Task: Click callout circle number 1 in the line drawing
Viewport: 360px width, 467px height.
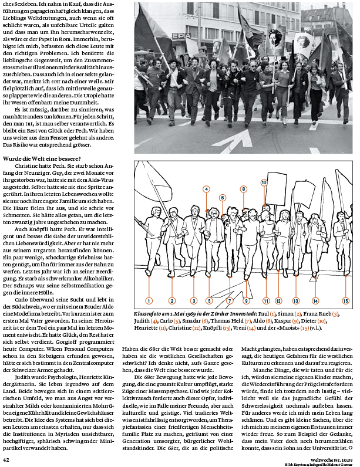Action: pos(149,300)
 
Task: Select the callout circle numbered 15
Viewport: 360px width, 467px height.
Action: pos(345,300)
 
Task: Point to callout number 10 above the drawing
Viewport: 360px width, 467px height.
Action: pos(264,183)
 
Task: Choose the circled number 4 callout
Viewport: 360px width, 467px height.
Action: pos(207,189)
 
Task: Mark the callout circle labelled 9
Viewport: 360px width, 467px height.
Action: pos(247,300)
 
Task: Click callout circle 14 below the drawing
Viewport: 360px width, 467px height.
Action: pos(315,300)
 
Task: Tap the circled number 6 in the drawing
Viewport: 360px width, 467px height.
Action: pos(223,197)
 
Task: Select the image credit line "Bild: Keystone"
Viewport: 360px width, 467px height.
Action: pos(309,463)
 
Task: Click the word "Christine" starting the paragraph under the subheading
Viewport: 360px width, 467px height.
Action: pos(27,167)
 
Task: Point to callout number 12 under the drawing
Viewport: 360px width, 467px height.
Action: pos(278,300)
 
